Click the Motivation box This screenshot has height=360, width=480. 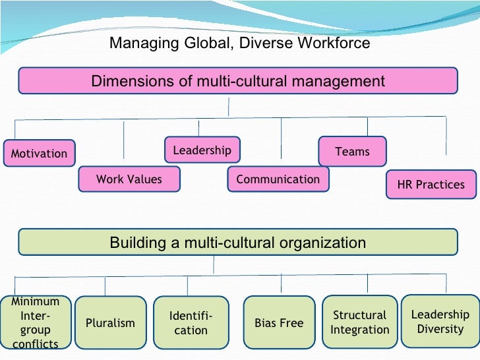[x=39, y=154]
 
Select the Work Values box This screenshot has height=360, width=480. [x=129, y=179]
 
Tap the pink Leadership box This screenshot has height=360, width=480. [x=202, y=150]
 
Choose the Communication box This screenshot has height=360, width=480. [x=278, y=179]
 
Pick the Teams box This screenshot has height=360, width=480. [x=353, y=152]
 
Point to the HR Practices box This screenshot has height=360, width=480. [x=431, y=185]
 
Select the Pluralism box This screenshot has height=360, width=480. [x=110, y=323]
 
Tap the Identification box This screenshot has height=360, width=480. [x=191, y=323]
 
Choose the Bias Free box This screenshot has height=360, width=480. [x=279, y=323]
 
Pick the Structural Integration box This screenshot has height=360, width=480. [x=359, y=322]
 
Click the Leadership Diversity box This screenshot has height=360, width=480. [x=440, y=321]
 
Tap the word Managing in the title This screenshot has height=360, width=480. [x=138, y=44]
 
